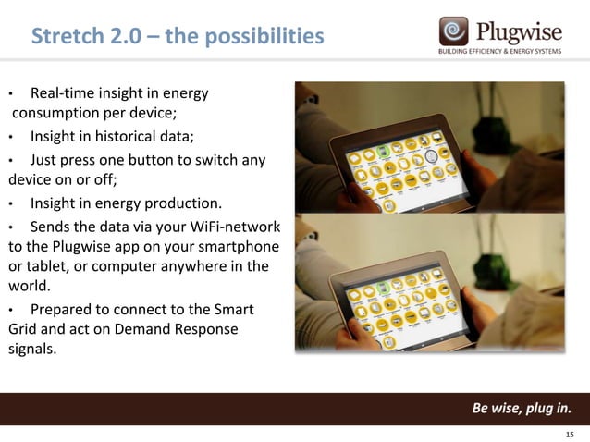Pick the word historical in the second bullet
129,138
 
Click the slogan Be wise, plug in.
522,409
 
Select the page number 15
570,435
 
